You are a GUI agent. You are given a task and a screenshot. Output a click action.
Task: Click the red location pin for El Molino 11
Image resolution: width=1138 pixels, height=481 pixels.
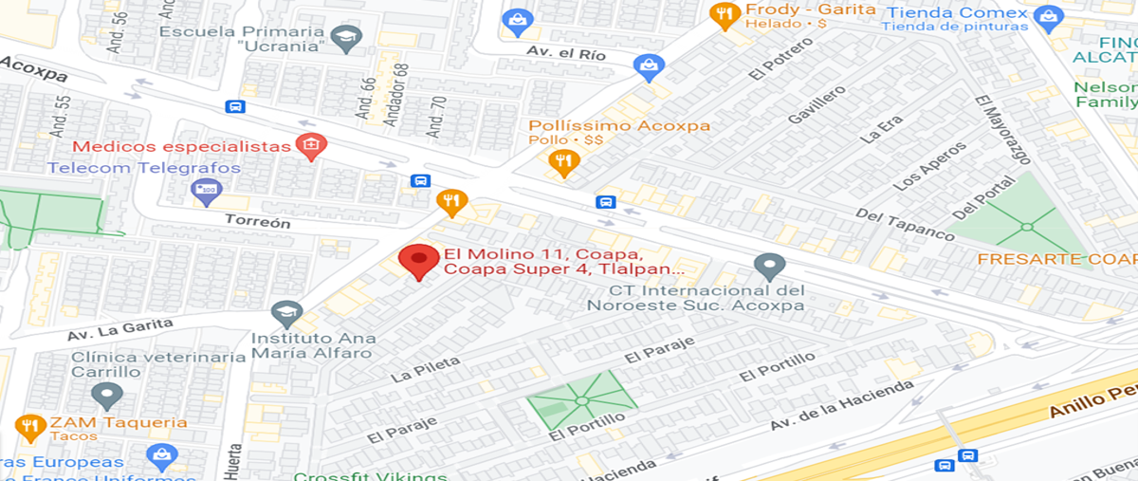[417, 261]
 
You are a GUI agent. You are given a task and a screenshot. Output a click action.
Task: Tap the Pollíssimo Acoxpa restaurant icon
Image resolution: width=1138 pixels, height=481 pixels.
[564, 162]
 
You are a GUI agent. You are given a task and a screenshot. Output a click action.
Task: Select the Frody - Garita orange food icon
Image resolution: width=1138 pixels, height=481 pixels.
[725, 14]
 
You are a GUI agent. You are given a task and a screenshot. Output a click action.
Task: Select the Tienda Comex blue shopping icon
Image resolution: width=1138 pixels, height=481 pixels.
[1047, 16]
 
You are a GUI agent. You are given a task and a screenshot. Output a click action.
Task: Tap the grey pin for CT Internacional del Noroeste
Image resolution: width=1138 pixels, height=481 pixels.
[769, 267]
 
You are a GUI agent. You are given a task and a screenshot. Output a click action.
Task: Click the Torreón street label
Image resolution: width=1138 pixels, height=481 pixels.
[257, 221]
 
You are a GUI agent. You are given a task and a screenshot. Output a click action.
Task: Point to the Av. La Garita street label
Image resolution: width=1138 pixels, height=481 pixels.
[119, 329]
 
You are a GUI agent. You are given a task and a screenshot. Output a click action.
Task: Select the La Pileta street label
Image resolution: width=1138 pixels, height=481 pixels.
[425, 369]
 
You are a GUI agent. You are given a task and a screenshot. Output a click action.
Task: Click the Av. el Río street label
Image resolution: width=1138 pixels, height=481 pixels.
[567, 54]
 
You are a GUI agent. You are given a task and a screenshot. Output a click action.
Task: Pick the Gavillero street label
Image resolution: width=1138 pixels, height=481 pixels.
[815, 104]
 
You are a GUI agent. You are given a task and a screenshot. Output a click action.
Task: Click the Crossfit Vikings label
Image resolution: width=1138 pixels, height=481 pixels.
[370, 475]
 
